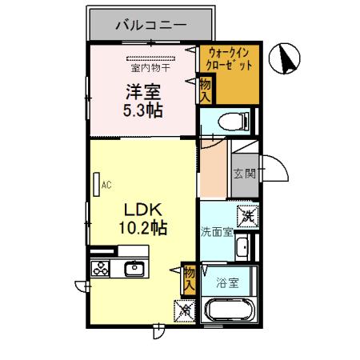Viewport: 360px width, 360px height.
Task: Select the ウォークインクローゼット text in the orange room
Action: (x=229, y=59)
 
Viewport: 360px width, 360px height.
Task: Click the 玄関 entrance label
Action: (x=244, y=172)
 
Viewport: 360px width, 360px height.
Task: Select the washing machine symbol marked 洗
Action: (x=249, y=215)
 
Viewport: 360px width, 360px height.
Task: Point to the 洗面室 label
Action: (x=216, y=233)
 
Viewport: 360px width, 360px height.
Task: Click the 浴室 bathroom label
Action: (x=227, y=282)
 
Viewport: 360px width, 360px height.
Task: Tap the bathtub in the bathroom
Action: (x=230, y=310)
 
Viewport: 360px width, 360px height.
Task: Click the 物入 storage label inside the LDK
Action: (x=190, y=278)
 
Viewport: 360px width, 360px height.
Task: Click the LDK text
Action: (x=142, y=210)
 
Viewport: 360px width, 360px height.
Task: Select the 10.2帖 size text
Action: (x=142, y=229)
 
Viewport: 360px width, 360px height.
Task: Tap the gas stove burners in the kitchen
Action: (x=101, y=269)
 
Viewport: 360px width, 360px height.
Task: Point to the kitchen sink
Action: (x=133, y=268)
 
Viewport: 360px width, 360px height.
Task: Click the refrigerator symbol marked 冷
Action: (x=183, y=308)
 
